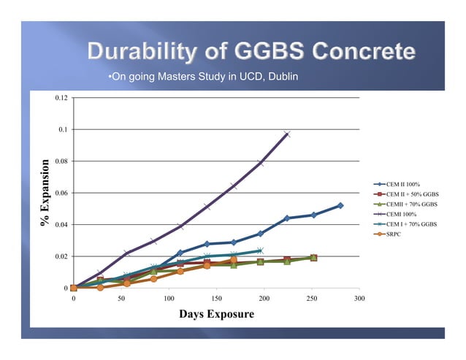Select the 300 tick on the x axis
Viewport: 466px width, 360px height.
[x=359, y=299]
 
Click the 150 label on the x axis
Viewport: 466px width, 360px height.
[x=216, y=299]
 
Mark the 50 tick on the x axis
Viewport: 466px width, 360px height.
[x=121, y=299]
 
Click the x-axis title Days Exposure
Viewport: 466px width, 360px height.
[x=216, y=314]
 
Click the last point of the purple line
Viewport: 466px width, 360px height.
[x=286, y=134]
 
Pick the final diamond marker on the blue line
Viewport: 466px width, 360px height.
[x=340, y=206]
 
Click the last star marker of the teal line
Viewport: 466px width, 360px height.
[x=260, y=250]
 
